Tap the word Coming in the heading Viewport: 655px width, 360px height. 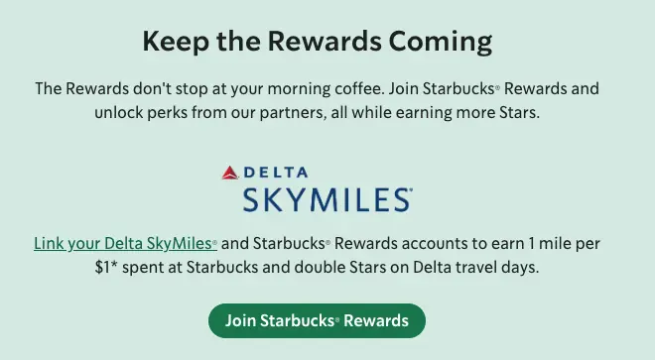(x=446, y=43)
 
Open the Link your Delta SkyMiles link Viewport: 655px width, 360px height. (x=124, y=243)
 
